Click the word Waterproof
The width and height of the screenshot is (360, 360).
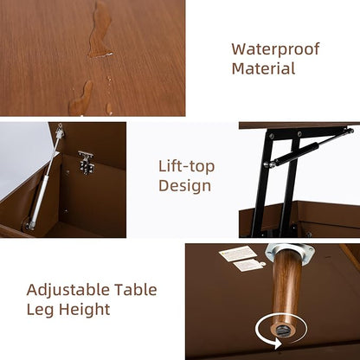(x=274, y=49)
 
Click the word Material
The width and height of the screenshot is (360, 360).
(x=263, y=69)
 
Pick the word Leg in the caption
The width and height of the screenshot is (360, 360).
(x=41, y=309)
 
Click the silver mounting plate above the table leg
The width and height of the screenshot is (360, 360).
(x=289, y=256)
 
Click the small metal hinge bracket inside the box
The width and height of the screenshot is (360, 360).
(x=86, y=161)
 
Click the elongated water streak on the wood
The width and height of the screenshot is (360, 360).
(x=100, y=30)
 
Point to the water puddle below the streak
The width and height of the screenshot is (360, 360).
(x=83, y=99)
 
